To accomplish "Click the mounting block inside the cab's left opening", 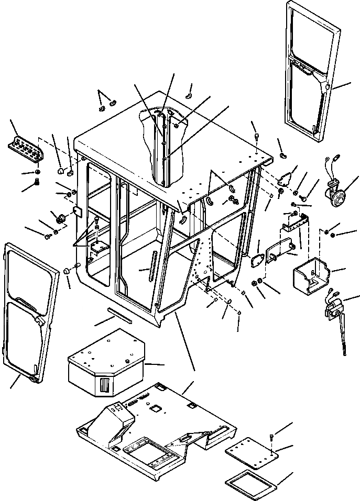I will (x=98, y=246).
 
